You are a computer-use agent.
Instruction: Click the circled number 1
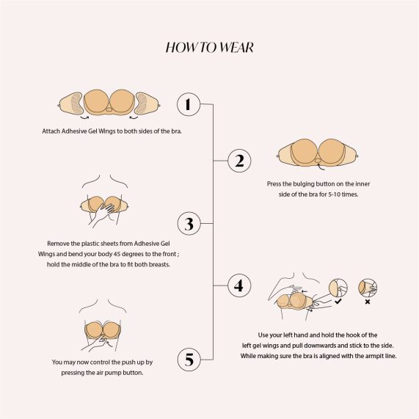[189, 104]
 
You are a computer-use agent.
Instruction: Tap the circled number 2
[239, 161]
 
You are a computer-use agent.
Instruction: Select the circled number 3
[189, 224]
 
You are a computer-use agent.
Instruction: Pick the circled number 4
[239, 285]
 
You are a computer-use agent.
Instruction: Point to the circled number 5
[189, 360]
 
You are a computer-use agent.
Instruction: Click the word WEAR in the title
[236, 48]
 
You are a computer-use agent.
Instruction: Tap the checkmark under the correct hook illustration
[338, 301]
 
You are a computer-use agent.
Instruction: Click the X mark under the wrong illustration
[368, 302]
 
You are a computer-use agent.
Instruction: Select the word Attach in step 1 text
[51, 131]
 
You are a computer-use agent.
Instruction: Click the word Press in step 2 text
[274, 184]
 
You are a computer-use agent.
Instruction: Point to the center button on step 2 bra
[318, 160]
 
